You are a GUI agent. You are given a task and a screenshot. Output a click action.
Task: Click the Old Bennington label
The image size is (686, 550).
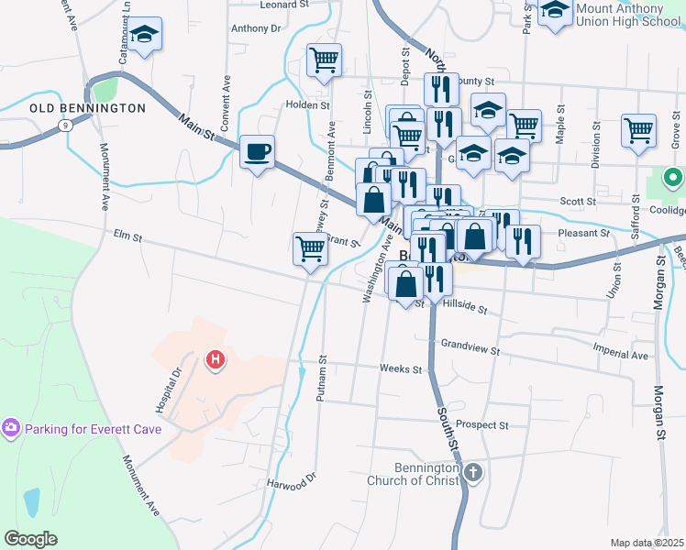pyautogui.click(x=87, y=108)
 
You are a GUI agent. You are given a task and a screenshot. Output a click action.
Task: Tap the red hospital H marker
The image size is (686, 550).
pyautogui.click(x=215, y=360)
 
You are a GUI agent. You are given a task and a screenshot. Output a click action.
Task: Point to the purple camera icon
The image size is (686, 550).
pyautogui.click(x=10, y=428)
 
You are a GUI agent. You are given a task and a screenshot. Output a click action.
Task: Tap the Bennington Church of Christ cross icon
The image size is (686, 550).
pyautogui.click(x=472, y=473)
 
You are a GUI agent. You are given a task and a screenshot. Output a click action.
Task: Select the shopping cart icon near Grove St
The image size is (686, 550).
pyautogui.click(x=638, y=129)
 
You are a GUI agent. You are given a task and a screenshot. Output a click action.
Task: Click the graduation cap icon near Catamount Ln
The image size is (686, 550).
pyautogui.click(x=144, y=34)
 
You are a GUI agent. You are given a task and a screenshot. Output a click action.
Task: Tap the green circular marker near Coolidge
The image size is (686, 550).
pyautogui.click(x=673, y=178)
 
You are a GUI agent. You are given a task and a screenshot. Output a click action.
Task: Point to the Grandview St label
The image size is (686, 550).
pyautogui.click(x=470, y=349)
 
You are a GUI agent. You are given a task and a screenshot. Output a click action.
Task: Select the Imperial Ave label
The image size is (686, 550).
pyautogui.click(x=620, y=355)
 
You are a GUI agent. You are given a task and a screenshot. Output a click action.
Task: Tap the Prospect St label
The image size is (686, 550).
pyautogui.click(x=481, y=425)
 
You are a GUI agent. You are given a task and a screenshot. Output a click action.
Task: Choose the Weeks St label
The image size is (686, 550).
pyautogui.click(x=400, y=369)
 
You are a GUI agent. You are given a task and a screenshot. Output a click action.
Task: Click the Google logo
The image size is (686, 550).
pyautogui.click(x=31, y=539)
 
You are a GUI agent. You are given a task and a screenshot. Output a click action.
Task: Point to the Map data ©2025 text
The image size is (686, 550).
pyautogui.click(x=647, y=543)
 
